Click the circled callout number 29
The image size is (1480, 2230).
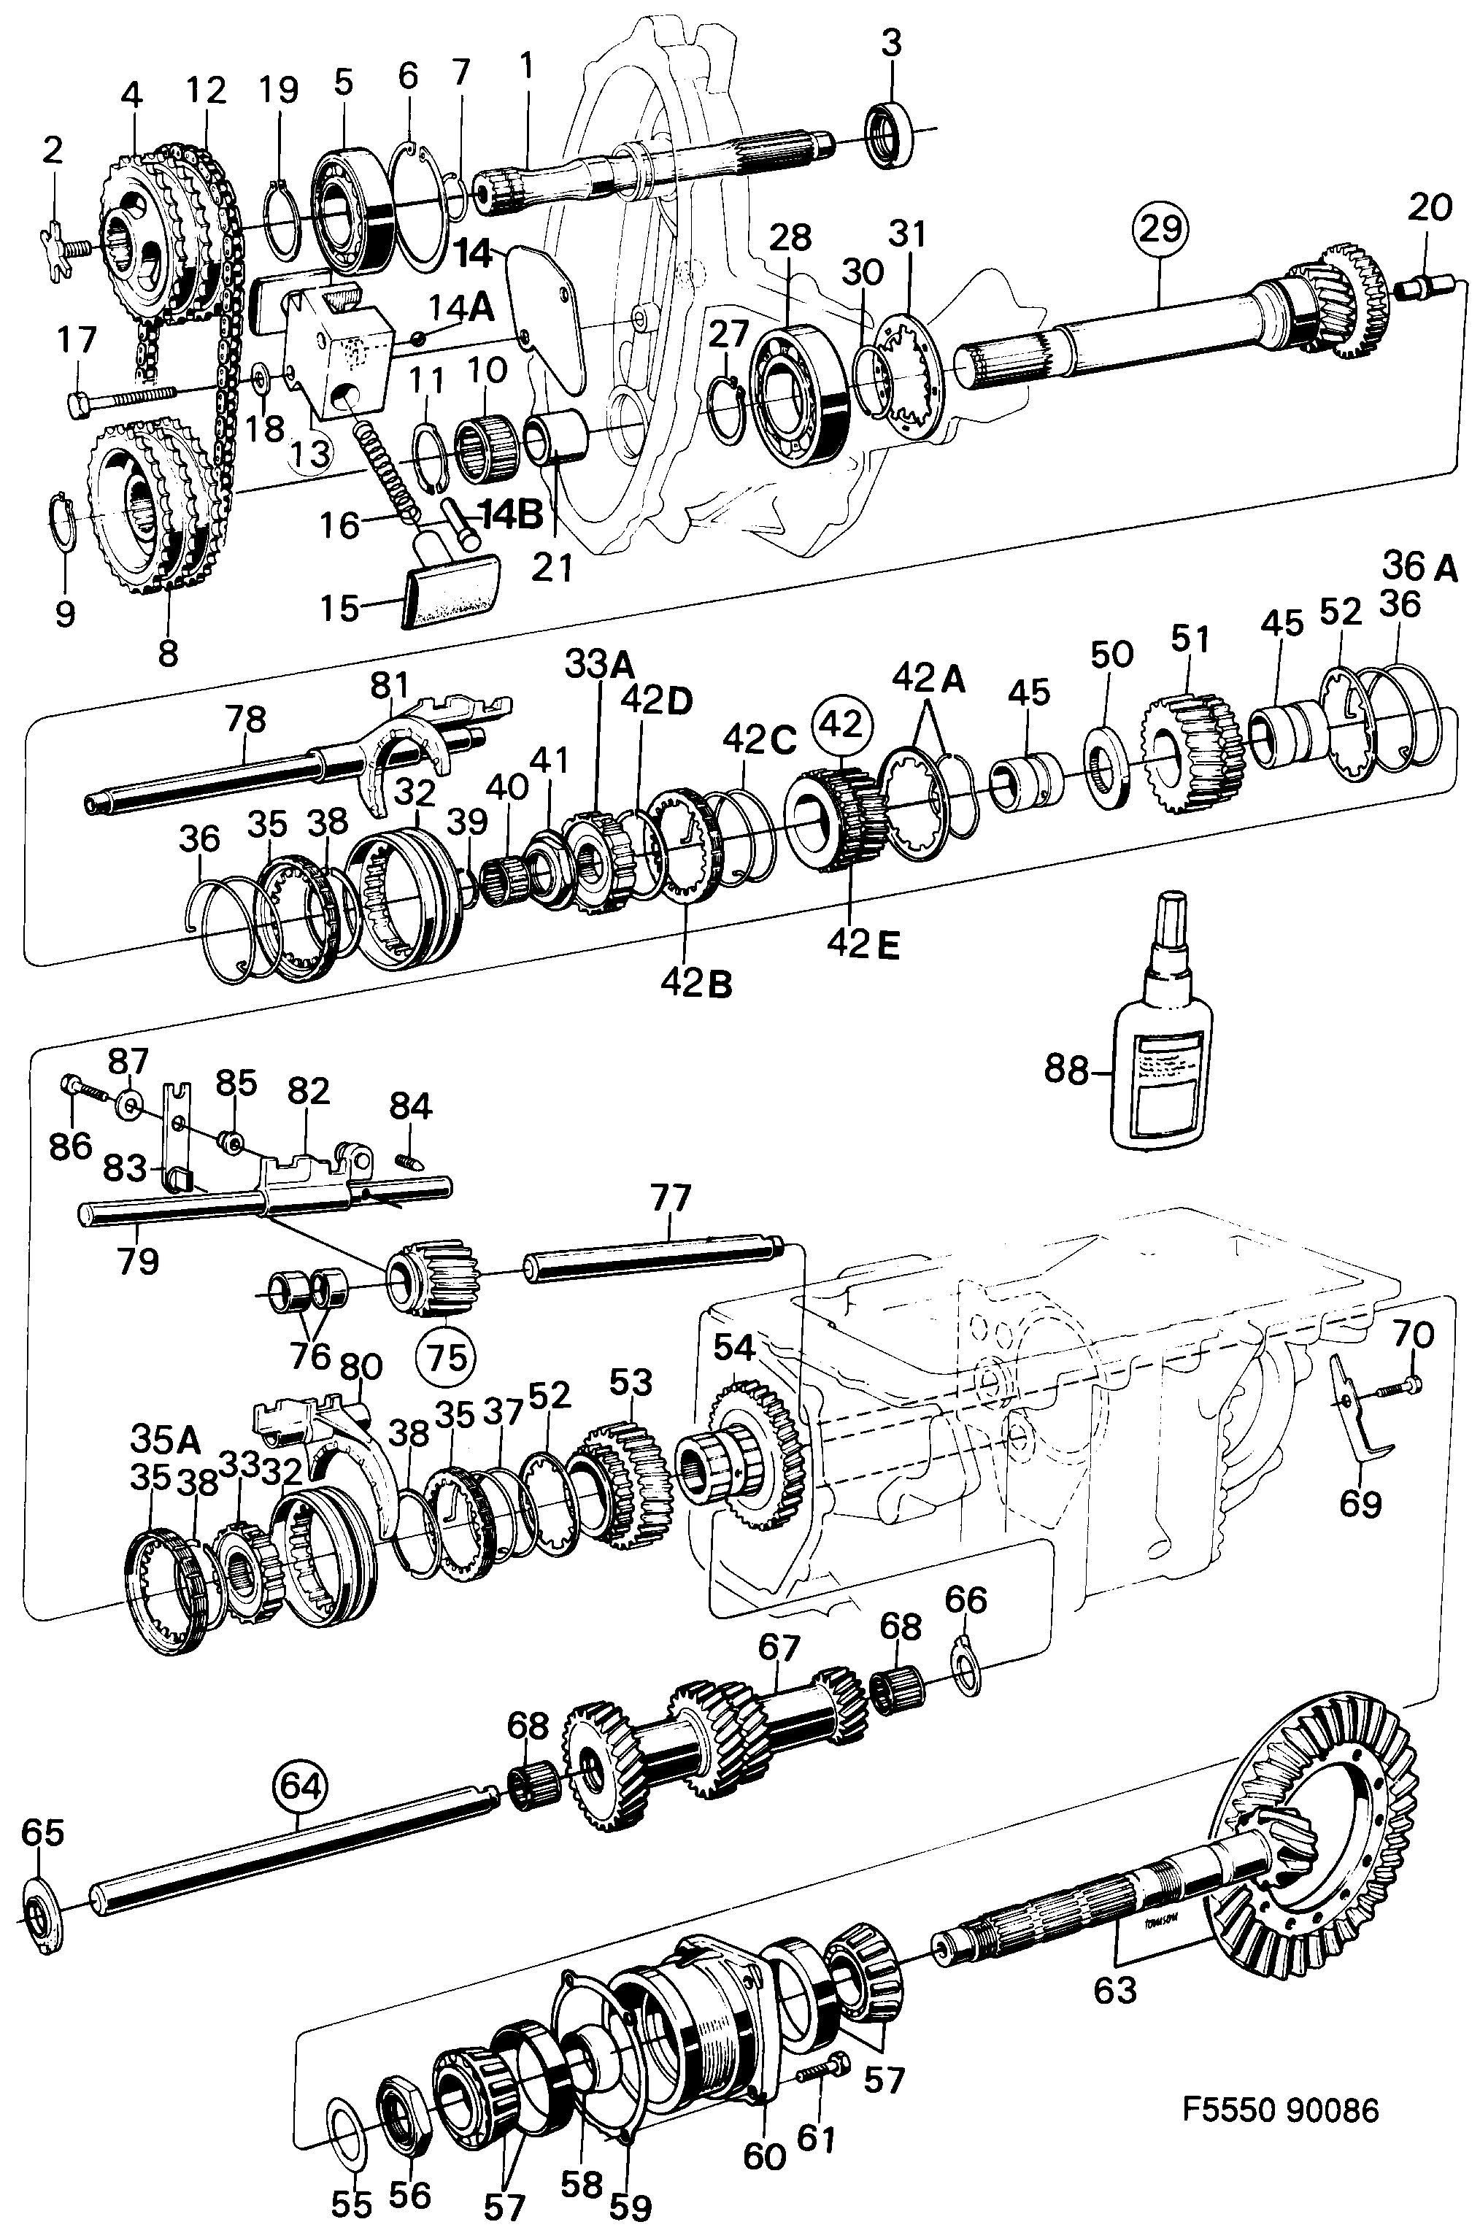pyautogui.click(x=1160, y=228)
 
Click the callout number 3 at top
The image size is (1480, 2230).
pyautogui.click(x=891, y=42)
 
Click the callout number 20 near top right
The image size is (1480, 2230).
pyautogui.click(x=1429, y=207)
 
